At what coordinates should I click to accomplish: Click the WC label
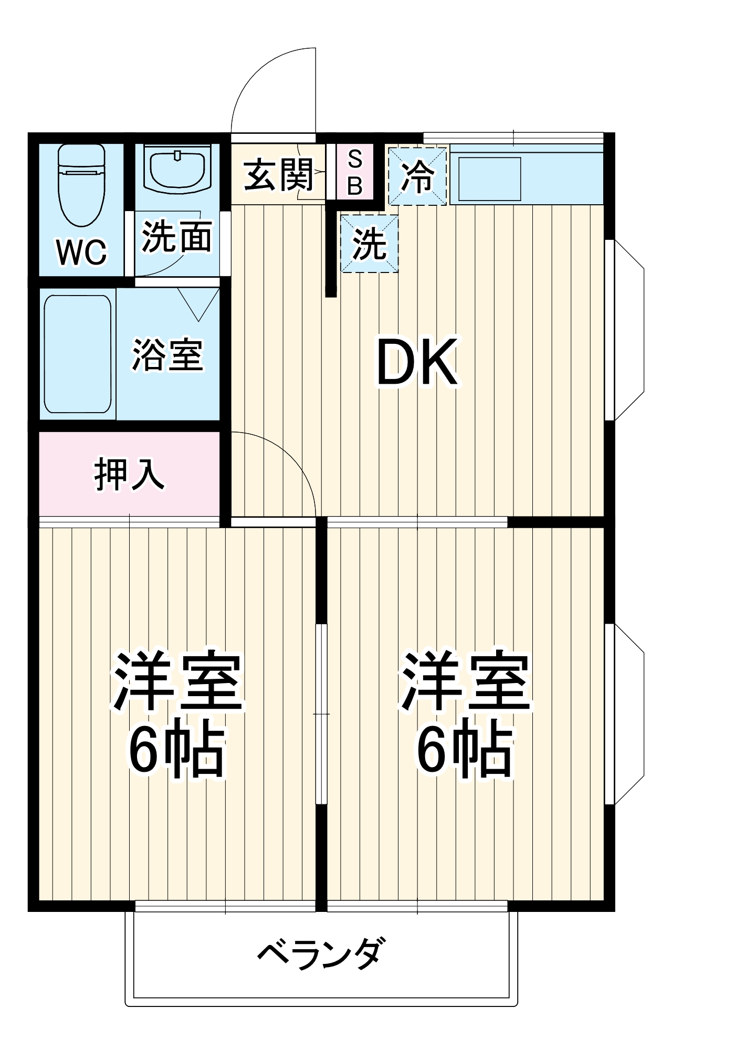[x=82, y=253]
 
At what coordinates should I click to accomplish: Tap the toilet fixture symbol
[x=81, y=184]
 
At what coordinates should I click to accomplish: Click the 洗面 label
[x=177, y=237]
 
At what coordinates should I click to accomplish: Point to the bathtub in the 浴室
[x=78, y=354]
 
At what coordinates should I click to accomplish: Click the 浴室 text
[x=167, y=355]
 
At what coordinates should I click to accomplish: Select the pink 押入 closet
[x=129, y=474]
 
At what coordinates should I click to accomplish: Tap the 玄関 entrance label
[x=279, y=175]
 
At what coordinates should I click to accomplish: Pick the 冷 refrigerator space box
[x=417, y=176]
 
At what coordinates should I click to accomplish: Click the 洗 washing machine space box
[x=369, y=244]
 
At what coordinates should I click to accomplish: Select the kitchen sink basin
[x=489, y=179]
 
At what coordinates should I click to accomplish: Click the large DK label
[x=417, y=362]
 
